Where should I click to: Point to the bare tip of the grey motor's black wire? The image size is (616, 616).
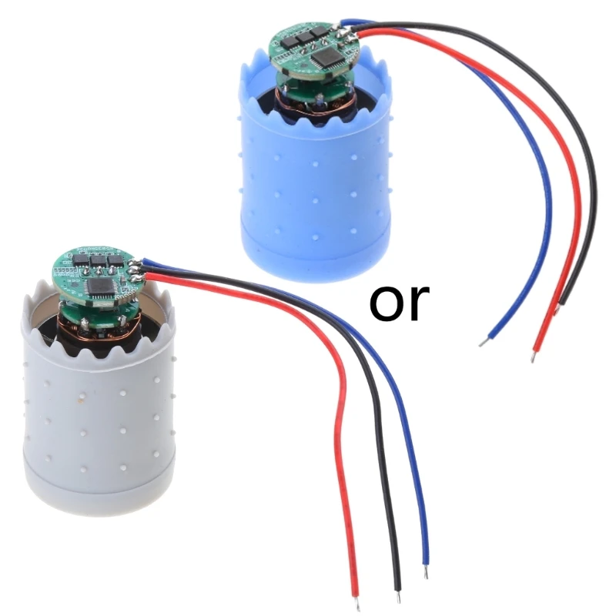point(397,595)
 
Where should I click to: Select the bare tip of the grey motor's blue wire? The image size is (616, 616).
point(426,573)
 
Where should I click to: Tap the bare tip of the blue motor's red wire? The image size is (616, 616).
point(533,356)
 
